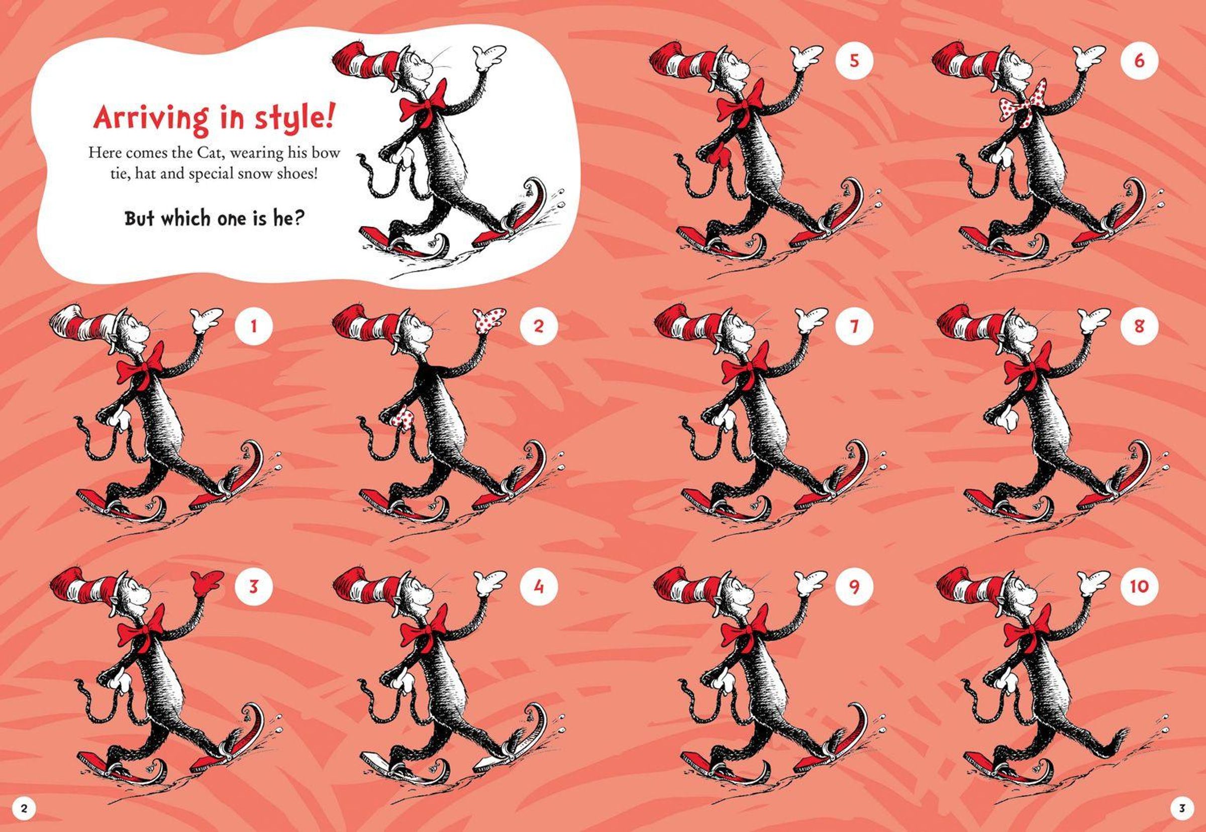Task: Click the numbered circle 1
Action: pos(253,327)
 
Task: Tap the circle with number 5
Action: pos(854,60)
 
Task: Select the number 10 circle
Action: pos(1139,586)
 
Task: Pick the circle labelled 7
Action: pos(854,327)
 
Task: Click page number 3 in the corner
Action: pos(1182,808)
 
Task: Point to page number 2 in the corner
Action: pos(24,808)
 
